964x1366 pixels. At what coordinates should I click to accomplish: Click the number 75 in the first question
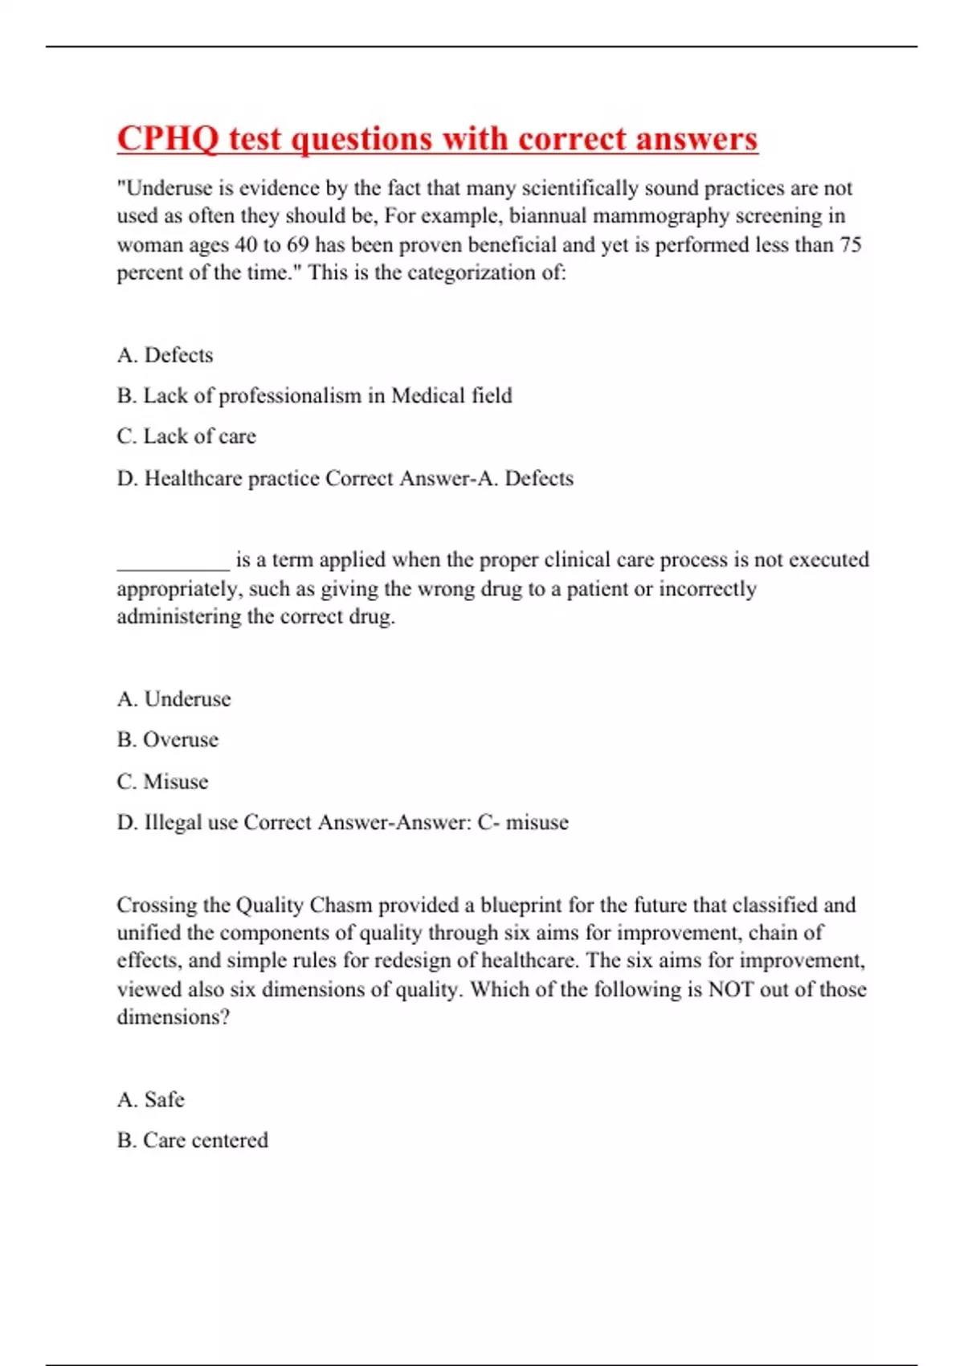(x=850, y=244)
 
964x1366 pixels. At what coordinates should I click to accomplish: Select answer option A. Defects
(x=165, y=355)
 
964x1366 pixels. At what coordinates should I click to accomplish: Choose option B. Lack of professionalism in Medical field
(x=314, y=395)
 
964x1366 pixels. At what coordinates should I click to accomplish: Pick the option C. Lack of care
(x=186, y=436)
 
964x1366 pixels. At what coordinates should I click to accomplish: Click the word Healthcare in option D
(x=193, y=478)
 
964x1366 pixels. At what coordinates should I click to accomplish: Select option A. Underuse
(x=174, y=699)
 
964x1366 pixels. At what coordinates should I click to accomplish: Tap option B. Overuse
(x=168, y=739)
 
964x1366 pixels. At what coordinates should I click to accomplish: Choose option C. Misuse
(x=162, y=782)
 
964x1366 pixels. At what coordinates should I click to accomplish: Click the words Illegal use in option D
(x=190, y=823)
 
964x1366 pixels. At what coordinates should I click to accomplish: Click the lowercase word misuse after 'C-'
(x=537, y=823)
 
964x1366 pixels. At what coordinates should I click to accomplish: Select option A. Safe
(x=151, y=1099)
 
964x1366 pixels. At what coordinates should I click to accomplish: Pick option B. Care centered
(x=193, y=1140)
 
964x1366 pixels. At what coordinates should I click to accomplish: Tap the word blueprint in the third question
(x=521, y=905)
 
